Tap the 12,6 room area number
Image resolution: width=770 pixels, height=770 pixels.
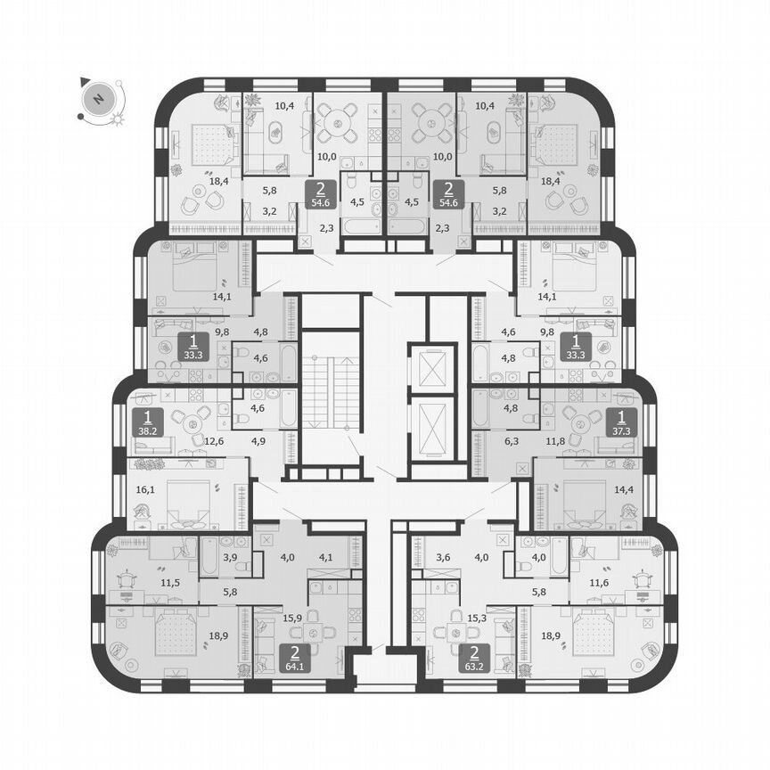tap(215, 438)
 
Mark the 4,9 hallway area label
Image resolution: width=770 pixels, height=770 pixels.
tap(258, 438)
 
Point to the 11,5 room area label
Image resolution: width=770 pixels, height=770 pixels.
tap(146, 584)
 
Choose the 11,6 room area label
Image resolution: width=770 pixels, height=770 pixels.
tap(625, 584)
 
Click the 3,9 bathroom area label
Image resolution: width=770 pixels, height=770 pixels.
tap(230, 557)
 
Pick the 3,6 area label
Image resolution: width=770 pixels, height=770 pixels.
tap(444, 558)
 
